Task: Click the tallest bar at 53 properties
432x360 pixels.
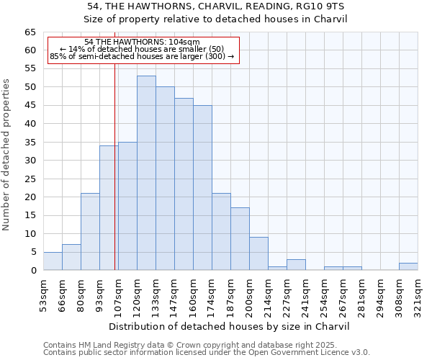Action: click(x=146, y=173)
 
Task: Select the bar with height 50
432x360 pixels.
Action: click(x=165, y=179)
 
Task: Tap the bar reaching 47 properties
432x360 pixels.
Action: click(x=184, y=184)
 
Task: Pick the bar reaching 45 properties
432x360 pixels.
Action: click(x=202, y=187)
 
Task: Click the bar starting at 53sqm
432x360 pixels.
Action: click(x=53, y=261)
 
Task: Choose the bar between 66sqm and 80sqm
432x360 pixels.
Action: click(x=71, y=258)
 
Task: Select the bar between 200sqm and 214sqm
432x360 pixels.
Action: click(x=258, y=253)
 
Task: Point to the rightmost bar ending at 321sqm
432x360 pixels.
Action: click(x=408, y=266)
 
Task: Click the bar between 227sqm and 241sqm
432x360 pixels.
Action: click(x=296, y=265)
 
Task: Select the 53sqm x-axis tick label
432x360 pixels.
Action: click(x=43, y=293)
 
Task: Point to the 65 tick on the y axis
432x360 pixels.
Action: click(x=30, y=32)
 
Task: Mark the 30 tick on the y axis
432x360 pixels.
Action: click(x=30, y=161)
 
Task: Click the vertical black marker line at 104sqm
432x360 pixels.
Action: click(x=115, y=180)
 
